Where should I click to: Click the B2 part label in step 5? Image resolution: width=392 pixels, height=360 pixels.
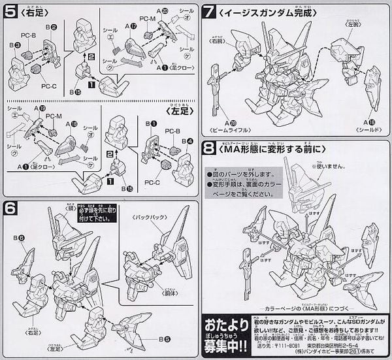[52, 27]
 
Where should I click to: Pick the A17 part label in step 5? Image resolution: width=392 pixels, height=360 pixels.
[133, 27]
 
